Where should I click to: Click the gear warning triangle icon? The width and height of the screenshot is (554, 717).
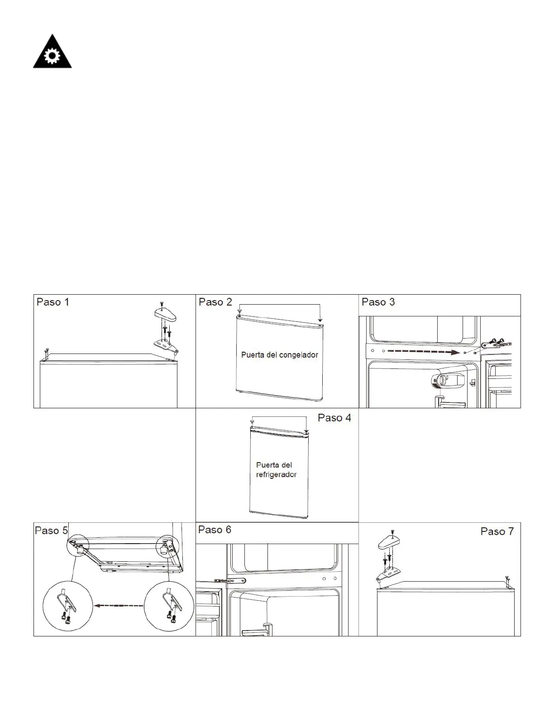coord(52,53)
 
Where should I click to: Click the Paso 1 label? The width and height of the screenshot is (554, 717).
coord(53,302)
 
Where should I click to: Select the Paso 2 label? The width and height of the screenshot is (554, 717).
coord(215,302)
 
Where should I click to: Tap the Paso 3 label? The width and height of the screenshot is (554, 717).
coord(378,302)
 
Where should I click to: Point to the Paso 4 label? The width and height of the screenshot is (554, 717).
coord(334,418)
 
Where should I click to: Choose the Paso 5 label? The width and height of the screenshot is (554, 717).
coord(51,531)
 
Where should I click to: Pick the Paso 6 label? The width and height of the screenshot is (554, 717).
coord(215,530)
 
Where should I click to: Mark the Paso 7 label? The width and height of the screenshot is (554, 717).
coord(497,531)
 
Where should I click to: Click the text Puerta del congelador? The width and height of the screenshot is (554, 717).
coord(280,355)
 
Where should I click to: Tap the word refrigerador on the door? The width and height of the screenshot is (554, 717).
coord(276,474)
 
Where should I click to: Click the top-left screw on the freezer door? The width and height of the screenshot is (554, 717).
coord(239,312)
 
